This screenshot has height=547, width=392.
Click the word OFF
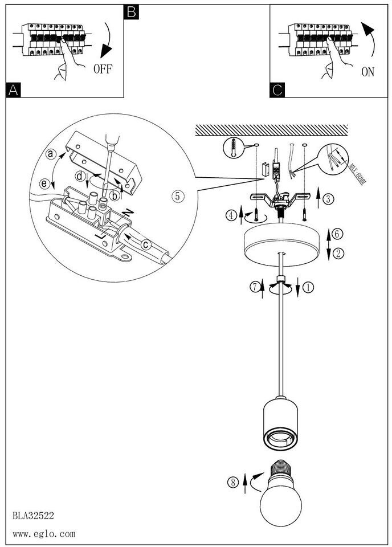pos(103,70)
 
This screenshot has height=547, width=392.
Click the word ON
pos(367,72)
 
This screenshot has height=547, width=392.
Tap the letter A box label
pos(14,89)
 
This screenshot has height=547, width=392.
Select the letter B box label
pos(130,11)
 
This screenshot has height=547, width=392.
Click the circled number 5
pos(178,196)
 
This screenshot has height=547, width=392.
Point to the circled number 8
pos(232,483)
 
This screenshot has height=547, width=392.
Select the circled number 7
pos(255,288)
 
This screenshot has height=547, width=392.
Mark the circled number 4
pos(231,216)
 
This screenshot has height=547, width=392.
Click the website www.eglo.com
pos(43,534)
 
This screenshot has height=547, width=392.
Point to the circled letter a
pos(51,154)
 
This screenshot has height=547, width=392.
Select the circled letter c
pos(147,245)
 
